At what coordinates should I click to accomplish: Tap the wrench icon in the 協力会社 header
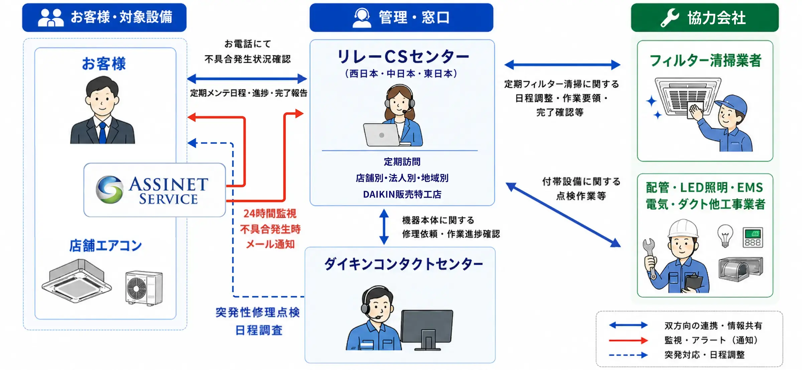670,18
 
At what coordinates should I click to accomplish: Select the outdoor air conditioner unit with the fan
144,288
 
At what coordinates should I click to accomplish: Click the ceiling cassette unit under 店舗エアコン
77,281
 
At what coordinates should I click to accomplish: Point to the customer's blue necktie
103,133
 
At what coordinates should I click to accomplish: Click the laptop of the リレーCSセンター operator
382,135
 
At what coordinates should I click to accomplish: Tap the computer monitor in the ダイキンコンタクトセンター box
427,330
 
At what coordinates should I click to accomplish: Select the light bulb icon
725,236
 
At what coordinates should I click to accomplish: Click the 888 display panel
753,237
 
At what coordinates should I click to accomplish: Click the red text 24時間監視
270,213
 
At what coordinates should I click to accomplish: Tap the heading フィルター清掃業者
705,60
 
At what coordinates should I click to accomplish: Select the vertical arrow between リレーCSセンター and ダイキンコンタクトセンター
384,227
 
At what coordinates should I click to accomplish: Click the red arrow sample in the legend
628,340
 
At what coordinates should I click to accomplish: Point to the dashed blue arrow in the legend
628,355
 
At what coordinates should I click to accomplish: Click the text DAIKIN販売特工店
402,194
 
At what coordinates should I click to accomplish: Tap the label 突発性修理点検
258,313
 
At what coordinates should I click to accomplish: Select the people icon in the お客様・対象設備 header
50,17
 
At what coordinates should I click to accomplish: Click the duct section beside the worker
741,269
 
